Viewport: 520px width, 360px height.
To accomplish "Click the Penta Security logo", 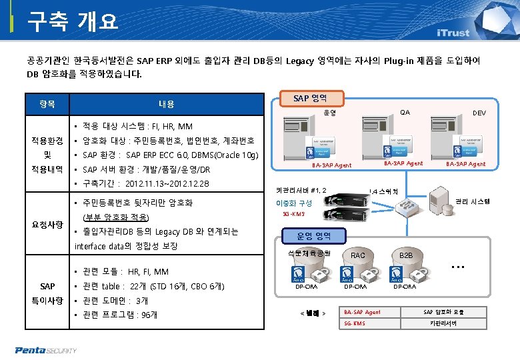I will [47, 349].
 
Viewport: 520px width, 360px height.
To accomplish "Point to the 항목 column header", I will [47, 104].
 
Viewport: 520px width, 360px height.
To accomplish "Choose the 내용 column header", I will [167, 104].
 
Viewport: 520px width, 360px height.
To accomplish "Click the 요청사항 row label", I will [47, 225].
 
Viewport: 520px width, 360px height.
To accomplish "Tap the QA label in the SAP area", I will [405, 112].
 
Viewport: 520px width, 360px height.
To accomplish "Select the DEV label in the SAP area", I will [479, 113].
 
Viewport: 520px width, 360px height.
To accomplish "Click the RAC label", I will [358, 255].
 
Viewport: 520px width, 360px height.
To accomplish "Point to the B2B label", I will [406, 255].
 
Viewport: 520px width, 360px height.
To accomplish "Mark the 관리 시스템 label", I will [473, 201].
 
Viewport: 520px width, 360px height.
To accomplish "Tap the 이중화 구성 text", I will [294, 203].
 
